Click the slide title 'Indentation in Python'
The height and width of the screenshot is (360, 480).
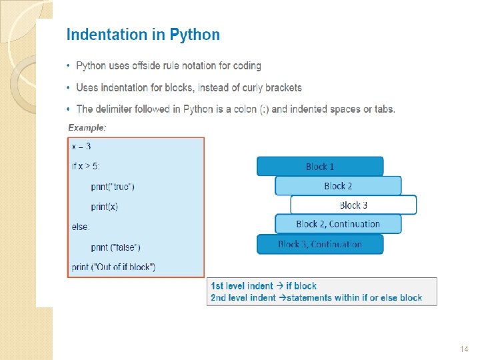point(143,35)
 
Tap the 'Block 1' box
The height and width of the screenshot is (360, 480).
point(320,167)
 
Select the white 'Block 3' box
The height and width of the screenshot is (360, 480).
point(353,205)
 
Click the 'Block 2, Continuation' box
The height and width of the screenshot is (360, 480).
point(338,224)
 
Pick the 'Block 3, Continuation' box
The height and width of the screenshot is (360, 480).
point(320,244)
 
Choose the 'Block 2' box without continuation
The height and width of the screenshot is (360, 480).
point(338,186)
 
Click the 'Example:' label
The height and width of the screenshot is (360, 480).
point(87,127)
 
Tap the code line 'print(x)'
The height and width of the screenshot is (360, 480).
point(104,207)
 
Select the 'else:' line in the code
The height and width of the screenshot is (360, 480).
point(81,227)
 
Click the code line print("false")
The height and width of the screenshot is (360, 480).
point(115,247)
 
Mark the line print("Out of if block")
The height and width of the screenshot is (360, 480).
point(113,267)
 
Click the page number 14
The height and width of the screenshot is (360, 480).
point(465,349)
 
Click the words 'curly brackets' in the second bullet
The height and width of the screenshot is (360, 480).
point(273,87)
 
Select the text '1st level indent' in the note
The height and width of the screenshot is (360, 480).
point(241,286)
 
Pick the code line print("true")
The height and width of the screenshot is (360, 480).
point(113,186)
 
